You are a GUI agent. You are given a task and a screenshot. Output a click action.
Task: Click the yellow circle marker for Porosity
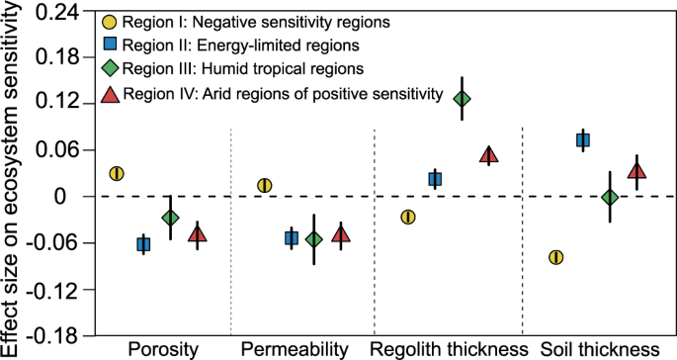point(117,174)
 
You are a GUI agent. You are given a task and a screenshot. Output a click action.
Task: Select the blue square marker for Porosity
point(143,244)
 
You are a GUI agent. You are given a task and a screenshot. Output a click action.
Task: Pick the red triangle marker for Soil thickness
point(636,171)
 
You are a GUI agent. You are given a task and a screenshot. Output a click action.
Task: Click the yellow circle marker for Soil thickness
point(555,257)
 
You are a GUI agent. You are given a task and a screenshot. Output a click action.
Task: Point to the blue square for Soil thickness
point(583,140)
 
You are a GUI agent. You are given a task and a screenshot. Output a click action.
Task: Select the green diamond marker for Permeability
point(314,239)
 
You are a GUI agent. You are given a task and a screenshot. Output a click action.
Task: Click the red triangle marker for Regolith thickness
point(488,154)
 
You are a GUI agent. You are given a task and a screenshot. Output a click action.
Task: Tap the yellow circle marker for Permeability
point(265,186)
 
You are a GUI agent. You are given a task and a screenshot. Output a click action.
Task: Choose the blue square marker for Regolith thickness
point(435,179)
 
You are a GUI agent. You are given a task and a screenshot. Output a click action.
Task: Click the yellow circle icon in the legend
point(110,20)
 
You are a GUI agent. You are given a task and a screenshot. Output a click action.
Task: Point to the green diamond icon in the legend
point(110,69)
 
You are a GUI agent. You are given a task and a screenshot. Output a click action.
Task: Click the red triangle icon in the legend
point(110,94)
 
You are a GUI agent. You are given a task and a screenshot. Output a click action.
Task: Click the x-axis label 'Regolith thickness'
point(448,349)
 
